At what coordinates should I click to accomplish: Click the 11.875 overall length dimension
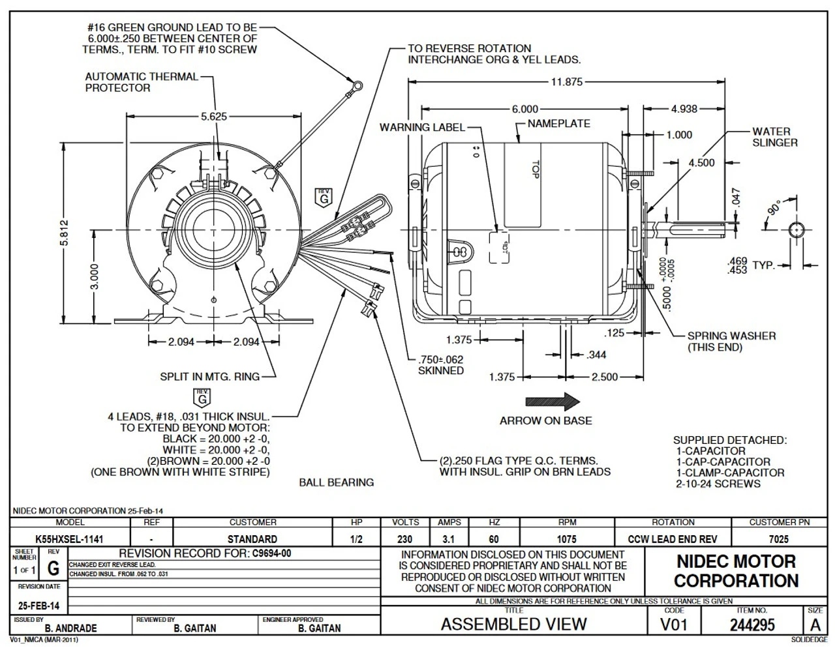(566, 82)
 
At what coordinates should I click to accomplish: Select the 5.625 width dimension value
(214, 117)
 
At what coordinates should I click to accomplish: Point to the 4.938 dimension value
(684, 109)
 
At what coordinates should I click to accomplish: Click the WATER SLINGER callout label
(774, 137)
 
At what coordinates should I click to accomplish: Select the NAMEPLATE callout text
(558, 123)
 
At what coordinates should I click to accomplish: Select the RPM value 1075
(567, 539)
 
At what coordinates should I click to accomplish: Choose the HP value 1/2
(356, 539)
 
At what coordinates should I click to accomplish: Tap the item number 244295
(752, 625)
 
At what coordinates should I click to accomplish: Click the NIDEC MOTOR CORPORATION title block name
(736, 571)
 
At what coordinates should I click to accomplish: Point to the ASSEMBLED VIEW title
(513, 625)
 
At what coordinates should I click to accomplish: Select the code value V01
(674, 625)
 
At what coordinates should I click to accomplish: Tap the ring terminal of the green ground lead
(356, 84)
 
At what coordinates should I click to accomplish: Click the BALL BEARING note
(336, 482)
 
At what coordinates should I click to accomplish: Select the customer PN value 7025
(779, 539)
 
